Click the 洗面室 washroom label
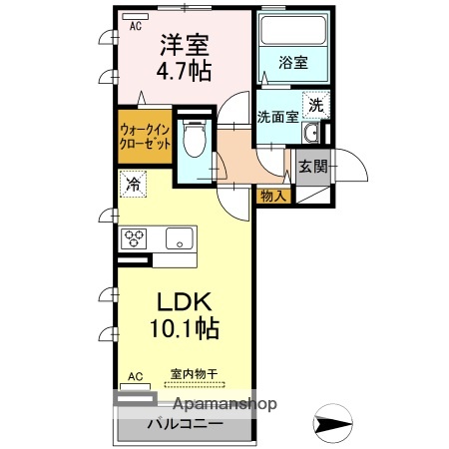pos(276,117)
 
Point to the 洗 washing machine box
pos(315,104)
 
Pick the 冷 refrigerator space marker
pos(133,185)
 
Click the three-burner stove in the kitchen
pos(135,238)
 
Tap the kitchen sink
pos(180,238)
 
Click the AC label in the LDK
pos(136,376)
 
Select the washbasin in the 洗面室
pos(312,136)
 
